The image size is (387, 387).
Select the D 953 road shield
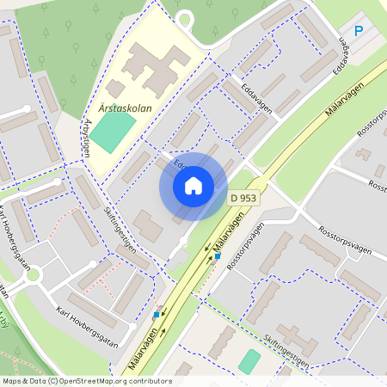[x=244, y=199]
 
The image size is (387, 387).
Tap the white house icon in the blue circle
[x=193, y=186]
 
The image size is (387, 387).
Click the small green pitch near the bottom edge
[x=249, y=360]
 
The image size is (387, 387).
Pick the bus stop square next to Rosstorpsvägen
[x=218, y=255]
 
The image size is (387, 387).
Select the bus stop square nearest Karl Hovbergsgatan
[x=157, y=316]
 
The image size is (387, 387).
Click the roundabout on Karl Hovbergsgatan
[x=33, y=275]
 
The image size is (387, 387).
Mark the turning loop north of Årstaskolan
[x=183, y=18]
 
